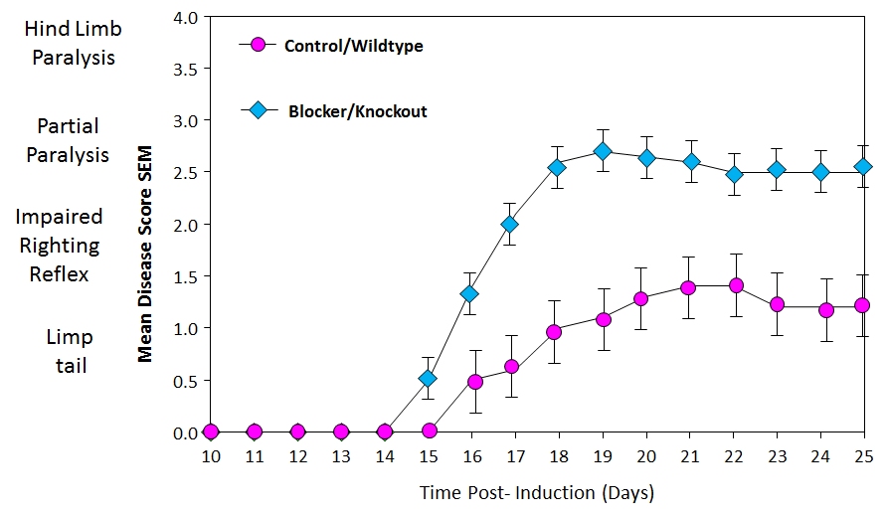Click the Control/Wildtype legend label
tap(353, 46)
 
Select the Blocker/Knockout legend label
tap(357, 111)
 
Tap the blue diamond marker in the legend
tap(259, 110)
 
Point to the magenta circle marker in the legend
tap(259, 45)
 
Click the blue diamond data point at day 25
tap(863, 166)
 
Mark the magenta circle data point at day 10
tap(210, 432)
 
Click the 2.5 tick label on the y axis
tap(186, 173)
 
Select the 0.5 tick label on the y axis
tap(186, 381)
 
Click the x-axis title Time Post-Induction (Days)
tap(537, 492)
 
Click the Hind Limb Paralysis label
tap(73, 43)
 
